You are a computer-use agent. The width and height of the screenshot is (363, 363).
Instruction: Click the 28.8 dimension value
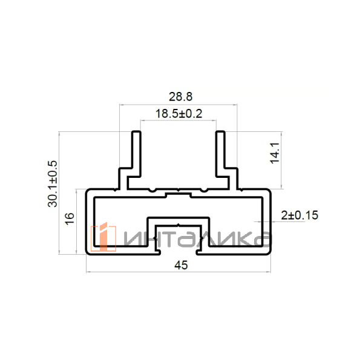[x=180, y=97]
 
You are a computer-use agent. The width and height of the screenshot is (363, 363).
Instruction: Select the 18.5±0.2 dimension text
[x=178, y=114]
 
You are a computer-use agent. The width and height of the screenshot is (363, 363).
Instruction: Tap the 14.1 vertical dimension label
[x=275, y=153]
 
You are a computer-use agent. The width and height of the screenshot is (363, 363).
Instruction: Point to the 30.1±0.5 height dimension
[x=52, y=183]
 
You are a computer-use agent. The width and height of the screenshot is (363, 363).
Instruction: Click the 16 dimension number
[x=70, y=218]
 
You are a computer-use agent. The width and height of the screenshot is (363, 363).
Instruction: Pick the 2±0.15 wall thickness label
[x=299, y=215]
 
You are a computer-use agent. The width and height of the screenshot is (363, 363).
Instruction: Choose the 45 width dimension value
[x=181, y=265]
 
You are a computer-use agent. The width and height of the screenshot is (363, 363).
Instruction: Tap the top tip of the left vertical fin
[x=136, y=131]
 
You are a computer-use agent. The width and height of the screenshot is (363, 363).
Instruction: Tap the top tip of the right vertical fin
[x=220, y=131]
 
